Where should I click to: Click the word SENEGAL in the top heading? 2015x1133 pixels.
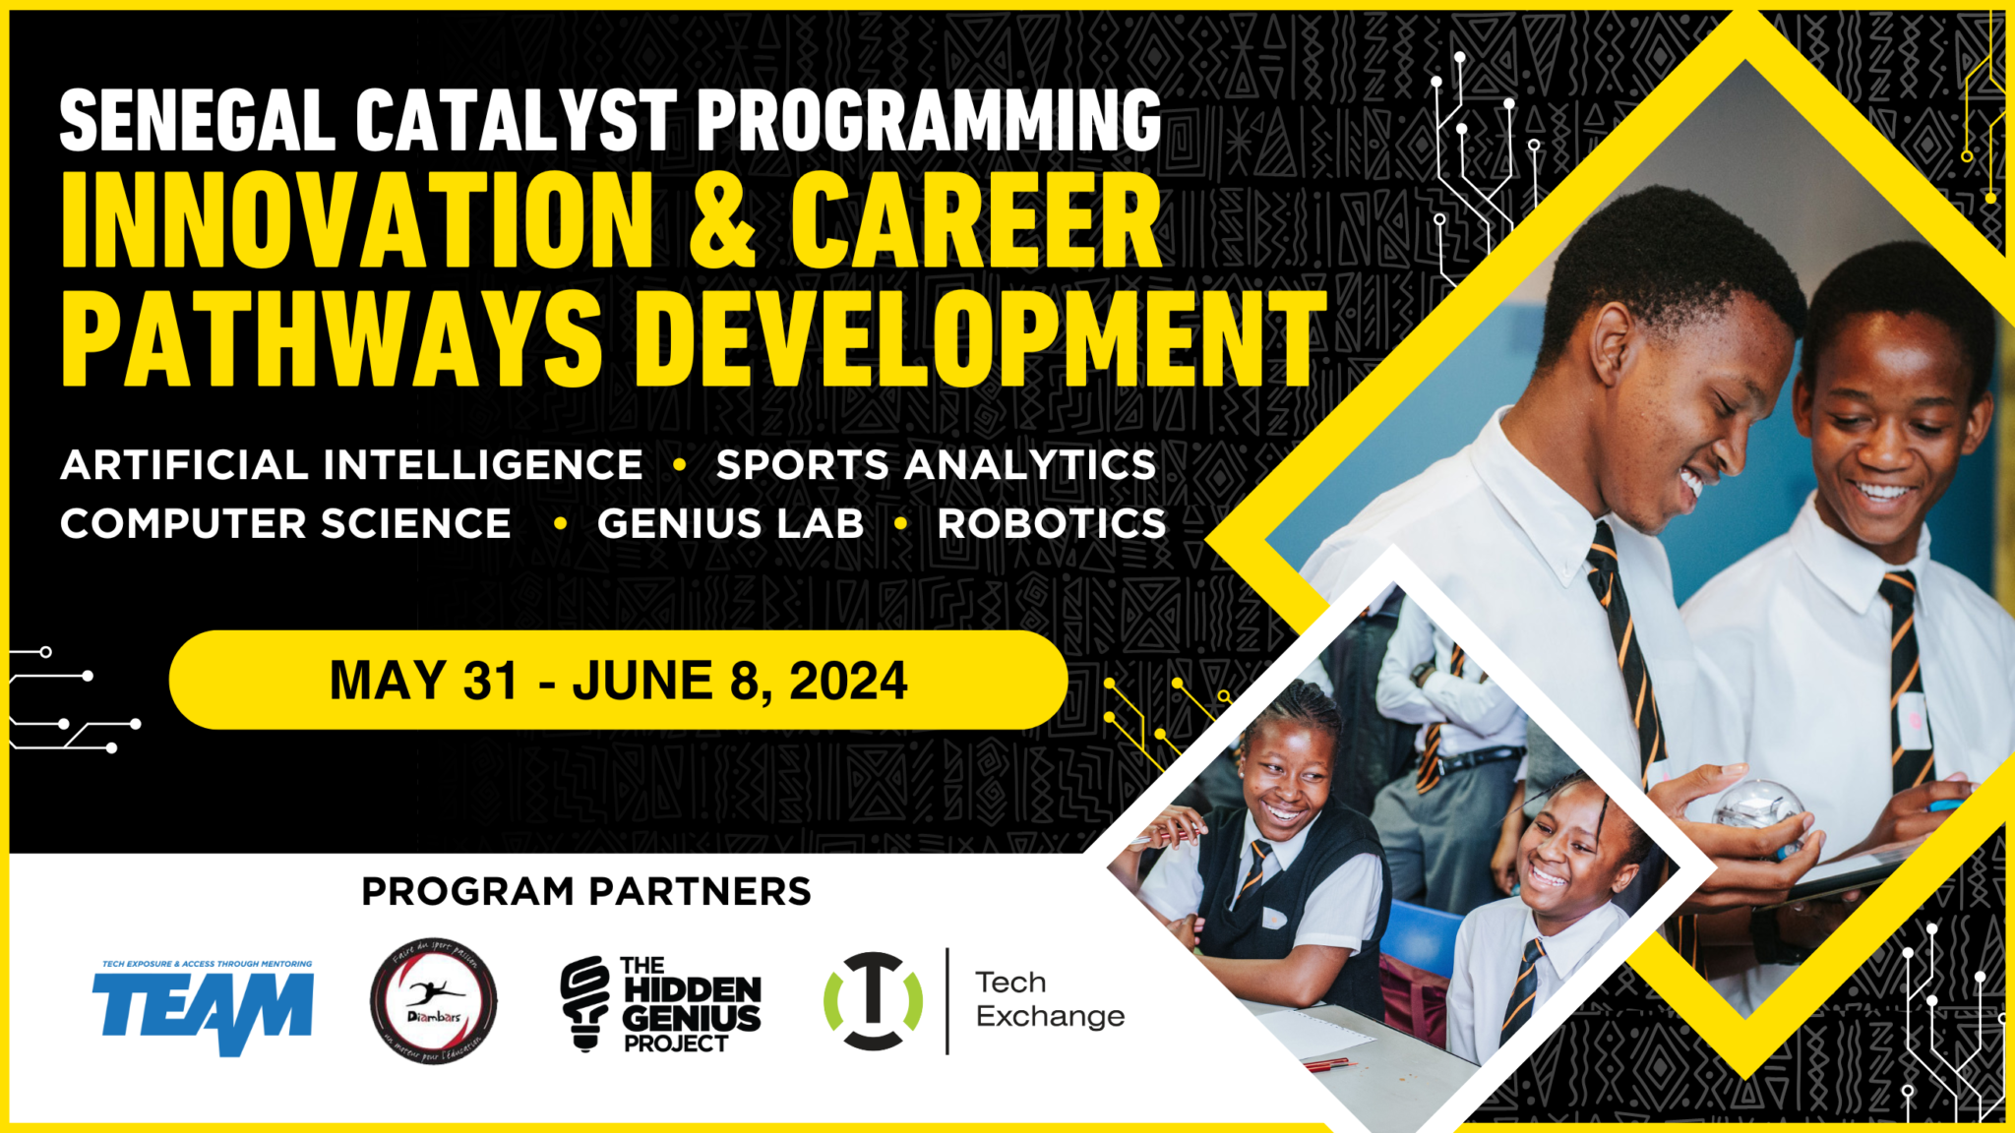click(197, 121)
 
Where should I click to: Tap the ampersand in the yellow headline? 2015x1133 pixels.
click(721, 221)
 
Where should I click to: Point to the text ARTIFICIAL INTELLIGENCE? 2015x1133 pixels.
click(351, 465)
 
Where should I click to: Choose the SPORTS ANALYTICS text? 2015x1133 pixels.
click(936, 465)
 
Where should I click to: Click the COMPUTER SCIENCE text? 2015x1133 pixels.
click(285, 524)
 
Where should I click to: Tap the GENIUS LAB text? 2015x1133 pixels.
click(730, 524)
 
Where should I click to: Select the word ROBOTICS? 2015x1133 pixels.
click(1051, 524)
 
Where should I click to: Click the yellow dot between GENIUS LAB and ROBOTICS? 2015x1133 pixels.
click(900, 524)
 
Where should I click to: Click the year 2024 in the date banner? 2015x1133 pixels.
click(848, 682)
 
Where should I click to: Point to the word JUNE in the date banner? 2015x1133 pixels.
click(642, 682)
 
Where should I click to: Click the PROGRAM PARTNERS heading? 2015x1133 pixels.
click(586, 892)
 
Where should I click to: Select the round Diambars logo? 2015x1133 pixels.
click(433, 1001)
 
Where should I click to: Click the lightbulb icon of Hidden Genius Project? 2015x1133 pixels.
click(585, 1003)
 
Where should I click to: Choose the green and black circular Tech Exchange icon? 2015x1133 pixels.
click(873, 1001)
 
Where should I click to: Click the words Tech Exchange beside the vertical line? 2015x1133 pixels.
click(1049, 999)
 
